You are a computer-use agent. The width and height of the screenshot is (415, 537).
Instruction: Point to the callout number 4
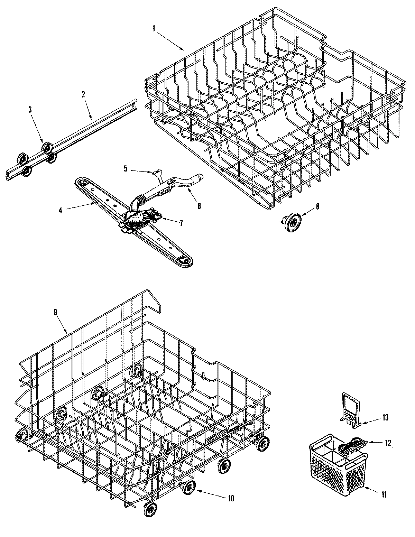click(x=61, y=210)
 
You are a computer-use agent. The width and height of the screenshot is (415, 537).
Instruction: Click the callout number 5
click(x=126, y=169)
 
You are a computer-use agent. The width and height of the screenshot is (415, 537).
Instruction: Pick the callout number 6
click(x=199, y=206)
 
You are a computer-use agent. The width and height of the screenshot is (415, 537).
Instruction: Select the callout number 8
click(x=317, y=206)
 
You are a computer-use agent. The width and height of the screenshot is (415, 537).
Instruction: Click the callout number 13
click(x=385, y=418)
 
